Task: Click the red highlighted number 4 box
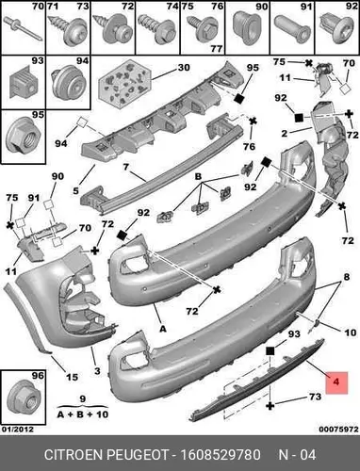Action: [336, 382]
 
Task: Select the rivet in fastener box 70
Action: [23, 28]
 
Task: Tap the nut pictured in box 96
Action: [24, 399]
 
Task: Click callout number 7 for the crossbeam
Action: [125, 167]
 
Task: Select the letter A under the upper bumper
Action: [162, 329]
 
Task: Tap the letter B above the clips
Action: [198, 176]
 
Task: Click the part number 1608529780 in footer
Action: [220, 455]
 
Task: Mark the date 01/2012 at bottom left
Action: [18, 429]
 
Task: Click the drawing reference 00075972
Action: [338, 430]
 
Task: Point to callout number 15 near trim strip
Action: [72, 377]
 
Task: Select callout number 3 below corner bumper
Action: [97, 371]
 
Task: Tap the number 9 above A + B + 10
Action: [82, 398]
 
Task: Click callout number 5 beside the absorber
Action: [75, 190]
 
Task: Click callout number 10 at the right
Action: [351, 333]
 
